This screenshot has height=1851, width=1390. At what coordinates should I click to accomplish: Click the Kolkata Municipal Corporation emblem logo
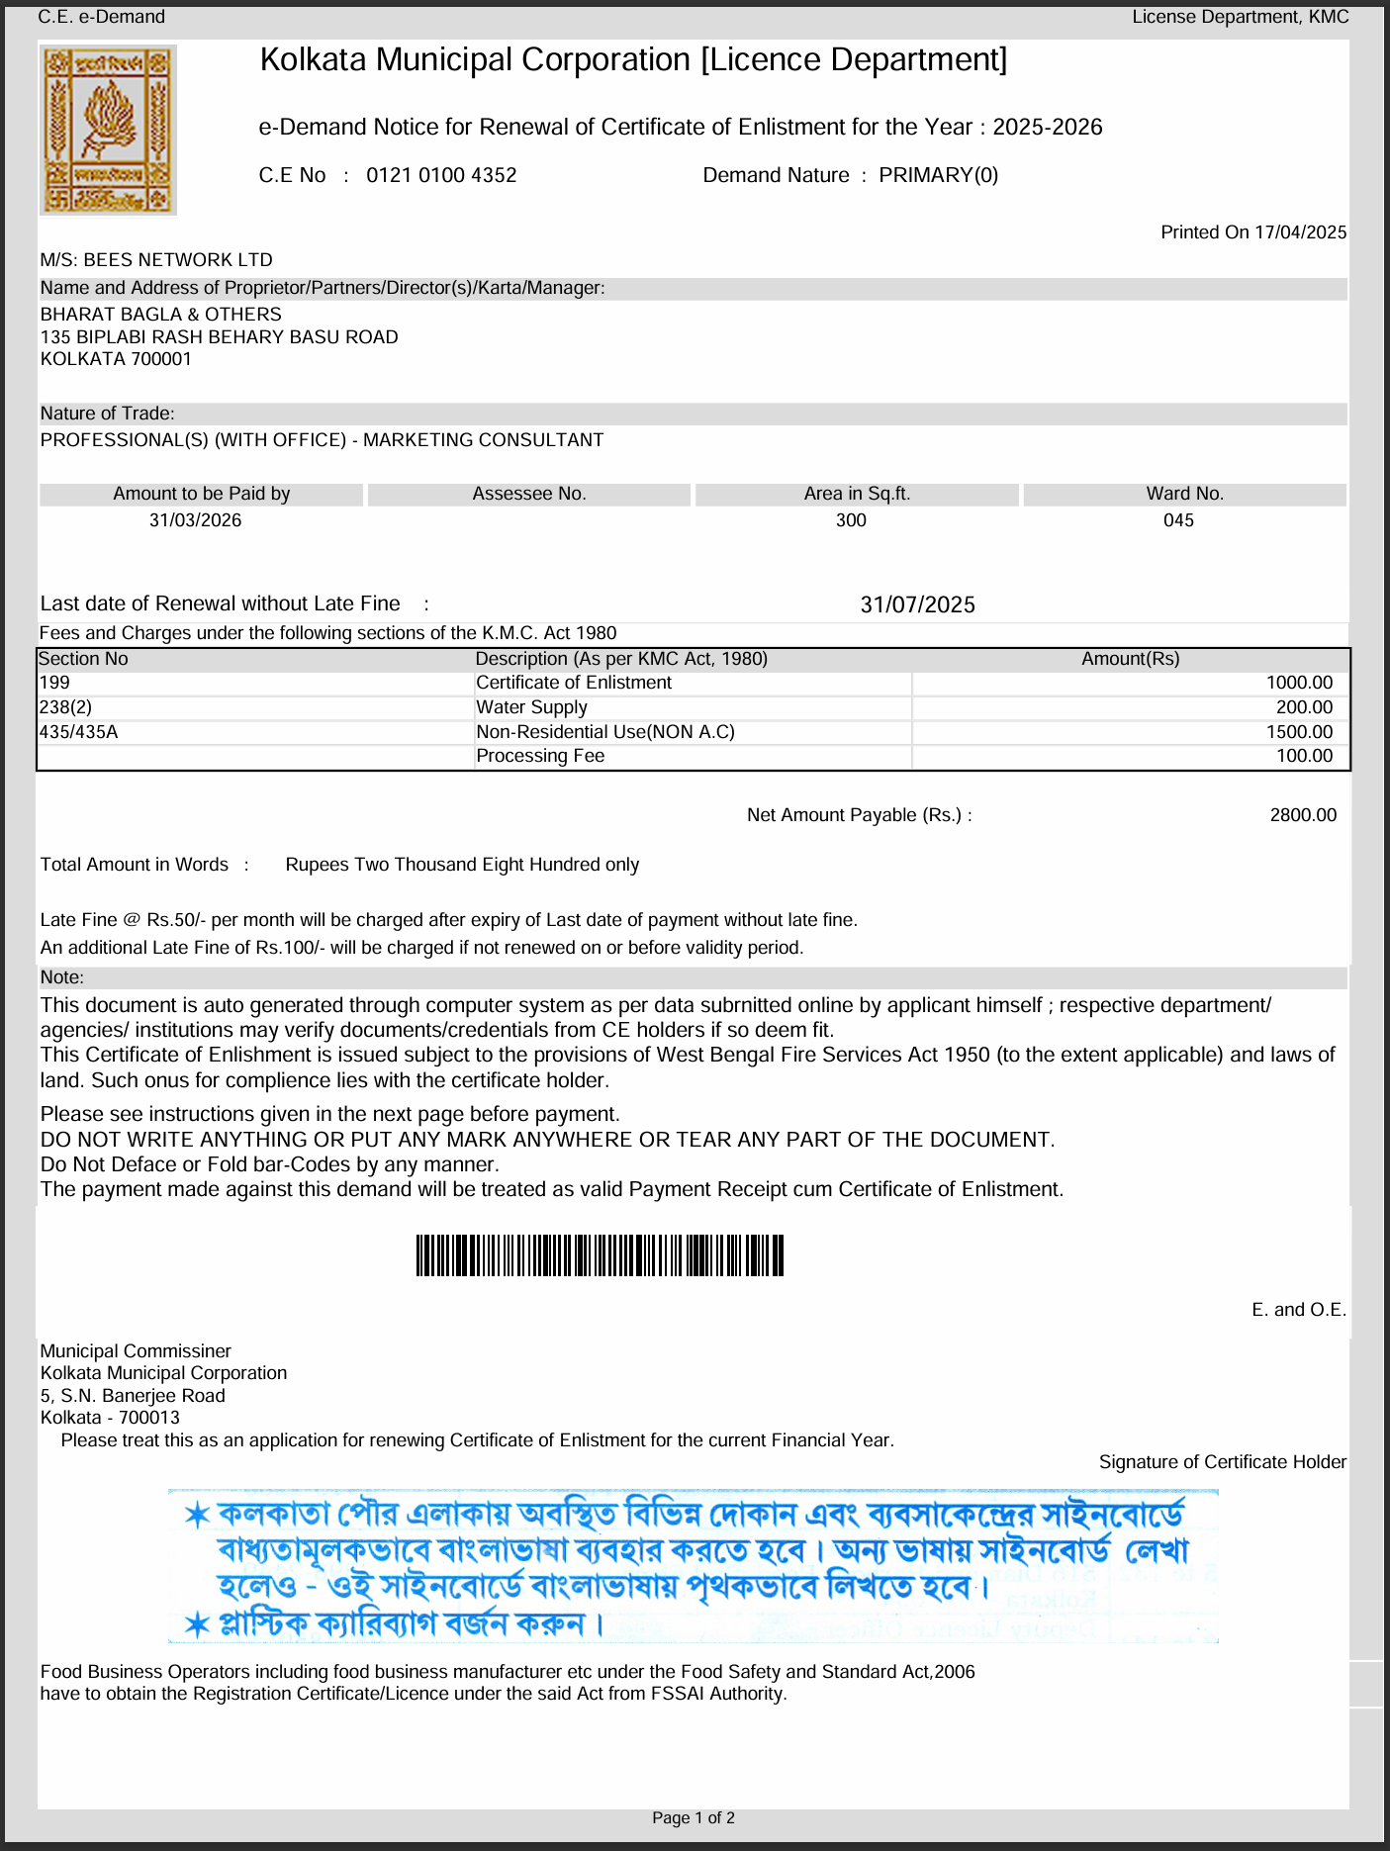[x=109, y=130]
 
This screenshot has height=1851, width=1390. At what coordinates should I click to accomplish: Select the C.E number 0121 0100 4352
[x=441, y=175]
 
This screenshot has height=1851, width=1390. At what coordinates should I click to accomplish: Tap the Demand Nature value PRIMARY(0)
[x=938, y=175]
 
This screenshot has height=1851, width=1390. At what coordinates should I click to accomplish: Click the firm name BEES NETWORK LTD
[x=178, y=260]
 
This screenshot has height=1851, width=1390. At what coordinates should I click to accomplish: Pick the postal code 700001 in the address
[x=161, y=359]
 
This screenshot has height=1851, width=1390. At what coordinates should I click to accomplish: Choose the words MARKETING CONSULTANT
[x=483, y=440]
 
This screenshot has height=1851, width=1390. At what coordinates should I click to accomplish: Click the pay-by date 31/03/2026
[x=196, y=520]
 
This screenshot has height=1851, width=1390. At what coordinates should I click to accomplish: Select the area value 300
[x=851, y=520]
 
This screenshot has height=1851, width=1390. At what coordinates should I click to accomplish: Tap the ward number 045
[x=1178, y=520]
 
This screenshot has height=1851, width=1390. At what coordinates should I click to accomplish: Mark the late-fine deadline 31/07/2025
[x=917, y=604]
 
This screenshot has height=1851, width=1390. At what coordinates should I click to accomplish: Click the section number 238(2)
[x=65, y=707]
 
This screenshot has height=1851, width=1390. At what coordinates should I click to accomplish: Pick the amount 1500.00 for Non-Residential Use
[x=1299, y=732]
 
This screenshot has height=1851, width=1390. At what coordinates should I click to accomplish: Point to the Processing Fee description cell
[x=540, y=756]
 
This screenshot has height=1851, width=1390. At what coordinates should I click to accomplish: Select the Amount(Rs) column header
[x=1130, y=659]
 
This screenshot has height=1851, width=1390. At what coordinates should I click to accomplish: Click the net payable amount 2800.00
[x=1303, y=815]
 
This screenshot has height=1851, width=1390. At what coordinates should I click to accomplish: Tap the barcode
[x=600, y=1255]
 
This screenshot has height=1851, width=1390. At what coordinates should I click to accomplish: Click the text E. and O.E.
[x=1298, y=1310]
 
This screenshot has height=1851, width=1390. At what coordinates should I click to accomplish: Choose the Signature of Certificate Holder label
[x=1222, y=1462]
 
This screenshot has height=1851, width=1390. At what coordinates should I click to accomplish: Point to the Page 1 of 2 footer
[x=694, y=1818]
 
